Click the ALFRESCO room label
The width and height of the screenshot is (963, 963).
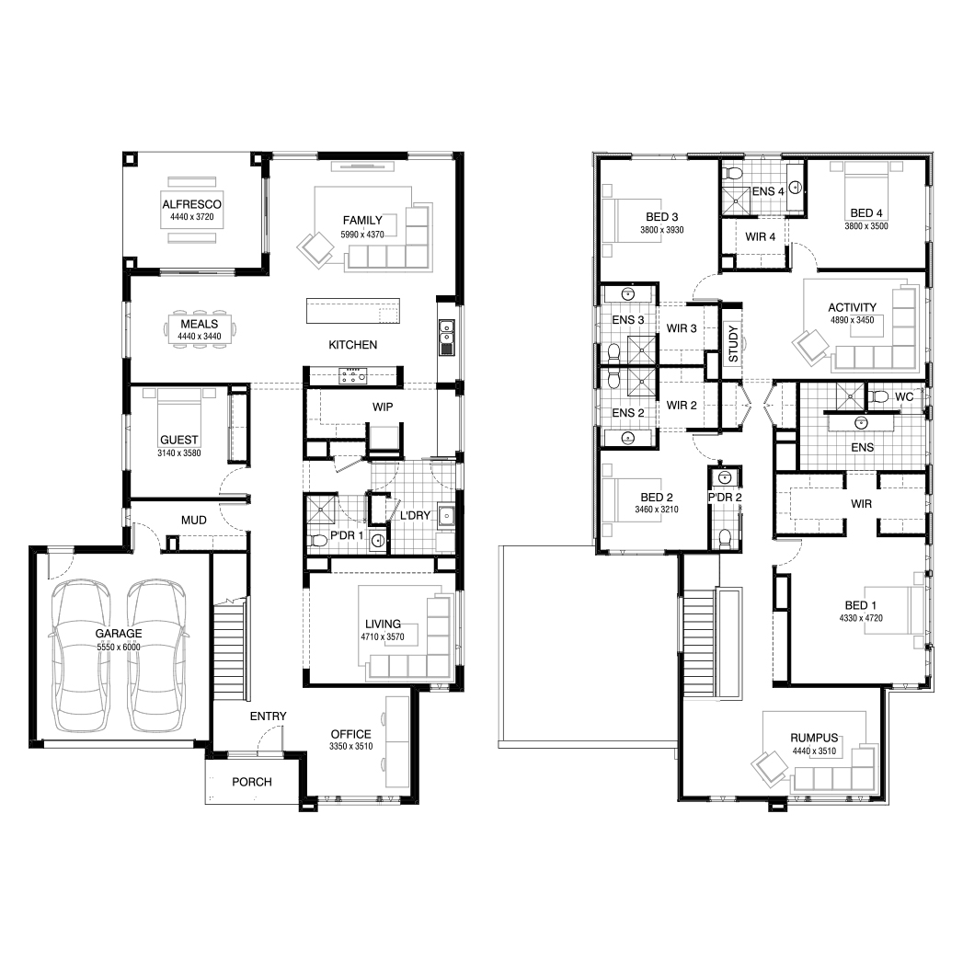click(x=191, y=204)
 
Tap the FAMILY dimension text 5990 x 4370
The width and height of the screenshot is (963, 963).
click(x=362, y=234)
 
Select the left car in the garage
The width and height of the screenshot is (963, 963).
click(x=81, y=655)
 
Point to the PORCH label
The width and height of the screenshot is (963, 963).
click(x=252, y=782)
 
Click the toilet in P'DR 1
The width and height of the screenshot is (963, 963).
click(x=318, y=541)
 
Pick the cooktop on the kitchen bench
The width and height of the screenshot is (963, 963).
click(x=352, y=375)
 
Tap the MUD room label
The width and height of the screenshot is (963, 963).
click(x=193, y=521)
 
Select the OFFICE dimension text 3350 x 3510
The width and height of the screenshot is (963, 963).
click(x=351, y=746)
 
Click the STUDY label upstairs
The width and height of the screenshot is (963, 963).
click(x=733, y=344)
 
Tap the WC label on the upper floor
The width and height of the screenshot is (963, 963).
click(x=904, y=396)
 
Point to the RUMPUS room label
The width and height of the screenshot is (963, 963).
click(x=814, y=738)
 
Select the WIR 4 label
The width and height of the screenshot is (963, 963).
click(x=761, y=236)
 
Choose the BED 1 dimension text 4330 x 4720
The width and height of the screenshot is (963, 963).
click(x=861, y=618)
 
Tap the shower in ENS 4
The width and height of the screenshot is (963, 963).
click(x=736, y=201)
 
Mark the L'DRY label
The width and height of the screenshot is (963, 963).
click(x=415, y=515)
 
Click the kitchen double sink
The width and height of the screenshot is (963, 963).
click(x=446, y=338)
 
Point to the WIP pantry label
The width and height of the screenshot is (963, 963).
click(x=383, y=407)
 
